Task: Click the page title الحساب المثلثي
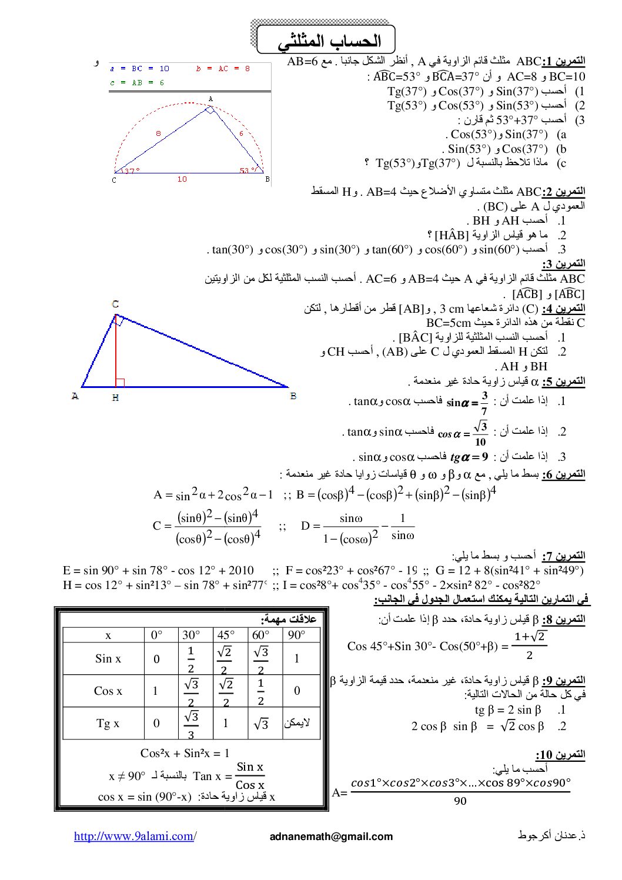coord(329,41)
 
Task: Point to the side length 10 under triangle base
coord(182,179)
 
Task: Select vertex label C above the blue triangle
coord(115,304)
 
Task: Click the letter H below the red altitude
coord(115,398)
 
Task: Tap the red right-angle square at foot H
coord(121,383)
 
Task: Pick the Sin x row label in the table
coord(108,658)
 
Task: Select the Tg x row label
coord(108,723)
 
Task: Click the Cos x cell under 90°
coord(297,691)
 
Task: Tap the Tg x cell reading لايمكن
coord(297,723)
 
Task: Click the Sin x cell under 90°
coord(297,658)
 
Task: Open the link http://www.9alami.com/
coord(135,836)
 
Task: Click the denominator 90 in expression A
coord(460,801)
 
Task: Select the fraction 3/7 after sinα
coord(484,403)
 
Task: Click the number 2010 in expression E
coord(241,570)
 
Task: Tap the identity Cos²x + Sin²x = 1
coord(185,753)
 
